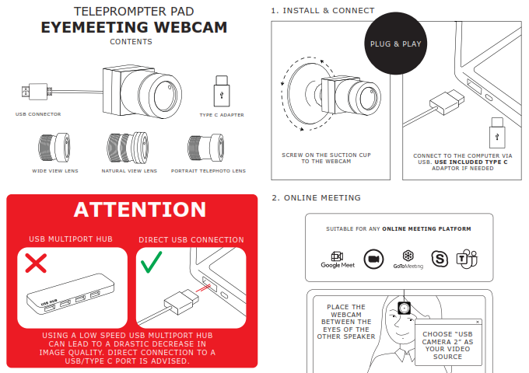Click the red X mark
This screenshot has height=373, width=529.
pyautogui.click(x=36, y=263)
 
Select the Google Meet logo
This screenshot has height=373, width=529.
pyautogui.click(x=337, y=260)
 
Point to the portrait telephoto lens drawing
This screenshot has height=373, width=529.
pyautogui.click(x=206, y=147)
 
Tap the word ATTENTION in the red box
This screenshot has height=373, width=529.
pyautogui.click(x=140, y=210)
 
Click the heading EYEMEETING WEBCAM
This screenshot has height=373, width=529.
pyautogui.click(x=134, y=28)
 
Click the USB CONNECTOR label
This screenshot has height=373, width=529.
pyautogui.click(x=38, y=114)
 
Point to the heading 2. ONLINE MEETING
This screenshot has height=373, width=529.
pyautogui.click(x=316, y=198)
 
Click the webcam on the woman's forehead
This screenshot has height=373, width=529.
pyautogui.click(x=403, y=309)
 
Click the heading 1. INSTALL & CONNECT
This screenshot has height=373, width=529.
pyautogui.click(x=322, y=11)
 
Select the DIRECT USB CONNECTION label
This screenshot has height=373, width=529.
pyautogui.click(x=191, y=240)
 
